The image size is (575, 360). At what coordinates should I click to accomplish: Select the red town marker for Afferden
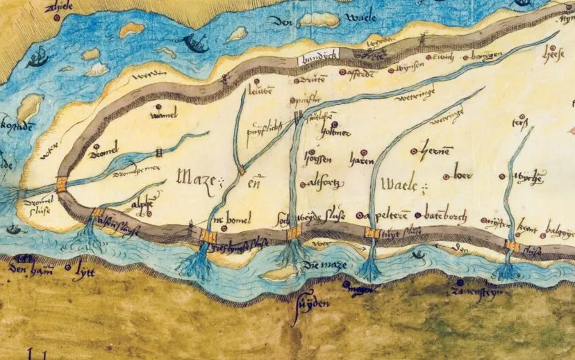tap(341, 71)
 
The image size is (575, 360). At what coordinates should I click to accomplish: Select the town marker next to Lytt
tap(67, 266)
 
